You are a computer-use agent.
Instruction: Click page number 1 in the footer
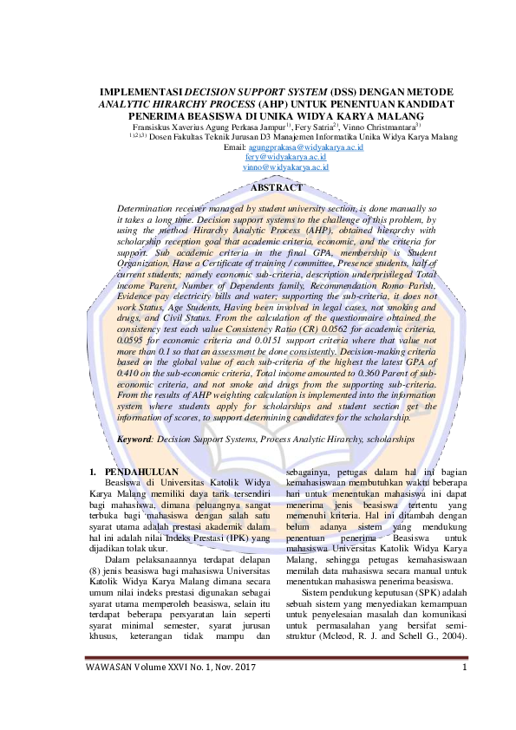tap(465, 691)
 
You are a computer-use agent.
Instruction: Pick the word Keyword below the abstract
tap(135, 440)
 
